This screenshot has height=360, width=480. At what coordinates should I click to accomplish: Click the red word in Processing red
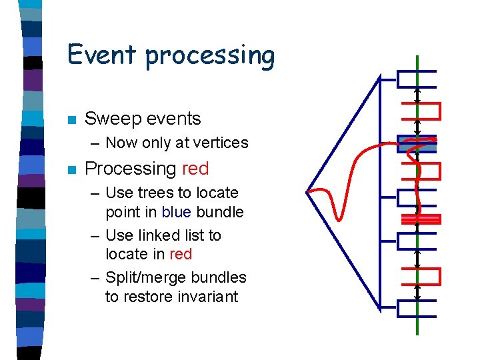(x=195, y=169)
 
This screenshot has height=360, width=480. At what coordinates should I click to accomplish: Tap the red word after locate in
(x=181, y=254)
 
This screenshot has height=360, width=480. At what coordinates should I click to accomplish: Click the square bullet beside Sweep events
(x=71, y=120)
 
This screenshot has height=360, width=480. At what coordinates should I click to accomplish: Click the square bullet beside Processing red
(x=71, y=170)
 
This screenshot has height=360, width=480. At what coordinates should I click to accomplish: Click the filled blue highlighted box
(x=417, y=143)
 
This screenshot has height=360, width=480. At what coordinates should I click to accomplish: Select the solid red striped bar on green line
(x=420, y=219)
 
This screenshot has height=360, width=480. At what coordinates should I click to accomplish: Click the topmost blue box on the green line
(x=416, y=79)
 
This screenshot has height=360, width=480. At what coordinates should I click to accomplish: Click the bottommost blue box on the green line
(x=416, y=308)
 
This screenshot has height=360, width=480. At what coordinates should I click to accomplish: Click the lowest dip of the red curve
(x=341, y=217)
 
